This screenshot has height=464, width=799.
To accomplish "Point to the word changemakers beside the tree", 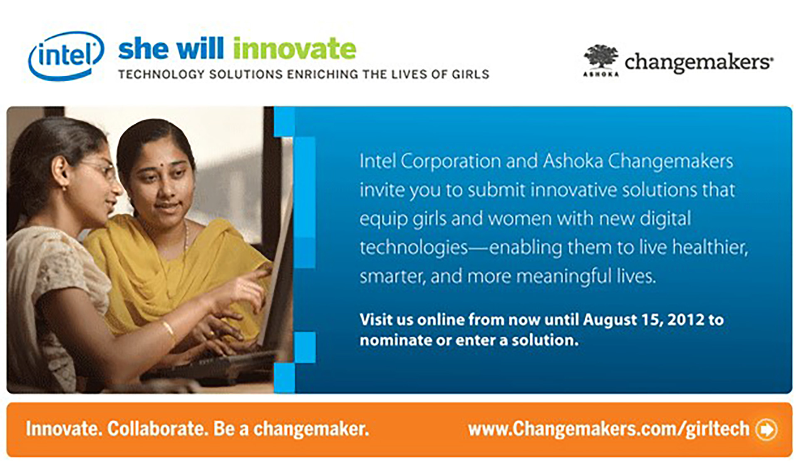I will [x=698, y=62].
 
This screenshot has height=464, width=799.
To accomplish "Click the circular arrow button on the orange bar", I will [x=766, y=429].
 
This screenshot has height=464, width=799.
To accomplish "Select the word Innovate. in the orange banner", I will [x=64, y=429].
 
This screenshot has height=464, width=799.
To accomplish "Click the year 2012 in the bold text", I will [x=686, y=320].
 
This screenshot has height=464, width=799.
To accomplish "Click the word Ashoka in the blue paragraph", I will [x=573, y=161].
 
